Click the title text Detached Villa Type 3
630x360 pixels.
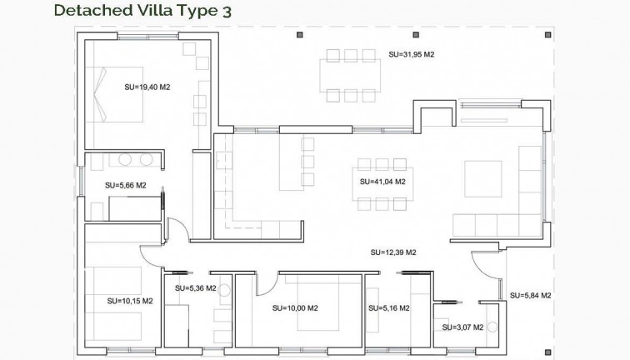(x=142, y=11)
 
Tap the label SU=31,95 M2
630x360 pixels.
(x=412, y=54)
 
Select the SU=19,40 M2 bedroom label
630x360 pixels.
(x=147, y=86)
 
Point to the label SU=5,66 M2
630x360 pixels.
(x=125, y=186)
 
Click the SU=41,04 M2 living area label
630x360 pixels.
(x=382, y=181)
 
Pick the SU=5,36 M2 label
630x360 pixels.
(x=196, y=288)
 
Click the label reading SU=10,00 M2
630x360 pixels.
(x=296, y=308)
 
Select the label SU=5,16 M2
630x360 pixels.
(x=388, y=308)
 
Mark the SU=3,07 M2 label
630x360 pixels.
(x=463, y=327)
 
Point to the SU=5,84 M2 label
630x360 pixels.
(x=531, y=296)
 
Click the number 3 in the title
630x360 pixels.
(x=227, y=11)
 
